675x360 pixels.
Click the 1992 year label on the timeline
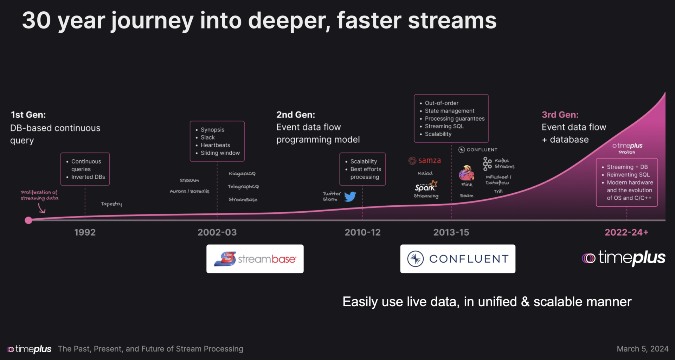click(x=85, y=232)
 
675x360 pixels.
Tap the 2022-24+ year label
click(x=626, y=232)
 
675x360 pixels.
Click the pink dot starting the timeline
click(x=28, y=220)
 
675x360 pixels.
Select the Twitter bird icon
click(x=350, y=197)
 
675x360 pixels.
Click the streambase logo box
click(x=255, y=259)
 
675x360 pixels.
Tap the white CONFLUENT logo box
click(x=457, y=259)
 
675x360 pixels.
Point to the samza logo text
click(x=429, y=161)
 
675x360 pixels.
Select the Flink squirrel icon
click(x=466, y=173)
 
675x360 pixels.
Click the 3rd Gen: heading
click(x=560, y=115)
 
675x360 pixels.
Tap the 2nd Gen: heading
click(x=295, y=115)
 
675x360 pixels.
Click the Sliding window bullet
click(x=220, y=153)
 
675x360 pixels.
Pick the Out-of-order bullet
click(x=441, y=103)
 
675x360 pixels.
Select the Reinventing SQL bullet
click(x=628, y=175)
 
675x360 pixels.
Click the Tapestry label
click(x=111, y=204)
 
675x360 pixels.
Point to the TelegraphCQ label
click(x=243, y=186)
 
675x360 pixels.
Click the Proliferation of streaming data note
click(x=39, y=195)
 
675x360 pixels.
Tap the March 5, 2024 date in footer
click(x=642, y=349)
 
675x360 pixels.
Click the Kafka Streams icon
click(x=487, y=164)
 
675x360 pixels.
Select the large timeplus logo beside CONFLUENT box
click(x=623, y=258)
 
